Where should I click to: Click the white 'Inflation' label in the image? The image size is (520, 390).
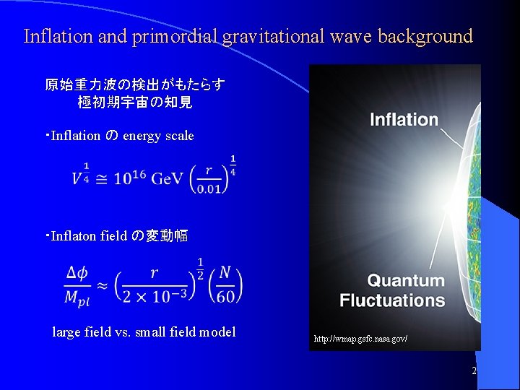pos(404,120)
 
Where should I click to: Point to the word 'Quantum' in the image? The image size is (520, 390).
pos(405,280)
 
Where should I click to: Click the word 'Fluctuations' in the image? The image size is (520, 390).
pos(392,300)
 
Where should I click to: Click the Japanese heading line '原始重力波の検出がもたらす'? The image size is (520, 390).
pos(135,85)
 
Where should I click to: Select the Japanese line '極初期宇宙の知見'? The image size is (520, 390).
pos(135,103)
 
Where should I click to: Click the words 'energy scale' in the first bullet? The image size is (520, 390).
pos(158,136)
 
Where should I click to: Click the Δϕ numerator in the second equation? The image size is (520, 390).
pos(77,273)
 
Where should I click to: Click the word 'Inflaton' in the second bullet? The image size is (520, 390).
pos(74,236)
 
